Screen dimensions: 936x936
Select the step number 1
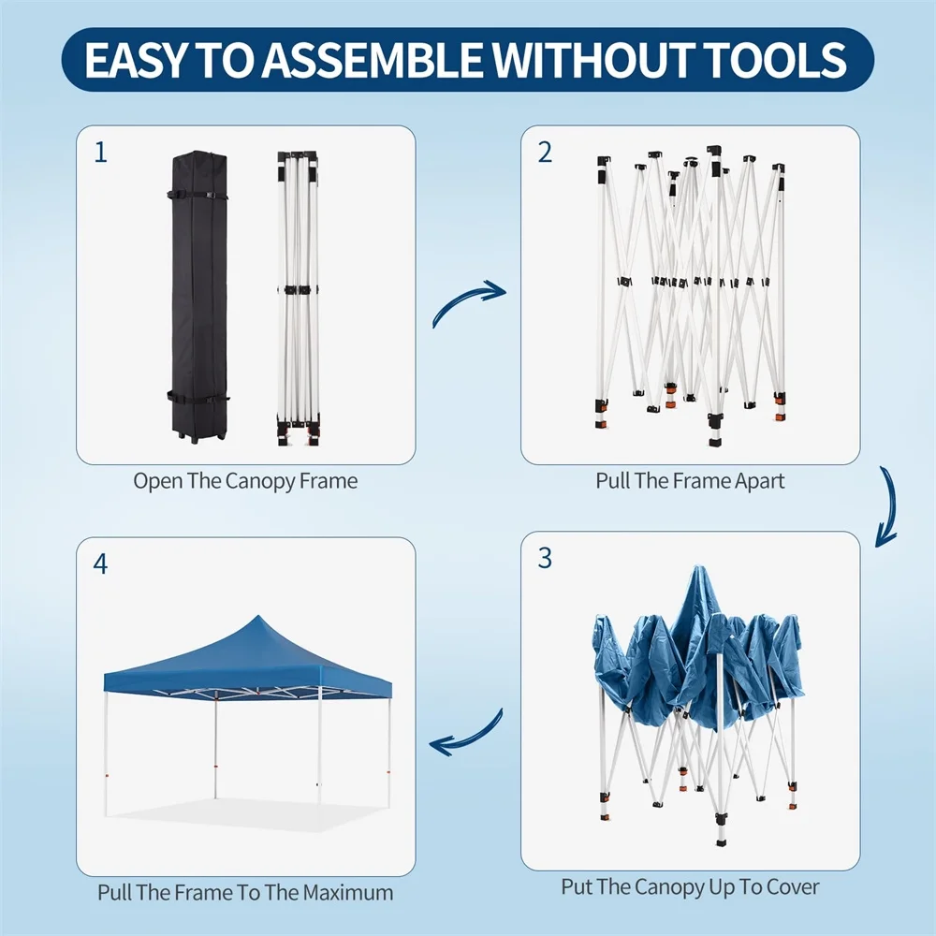tap(101, 153)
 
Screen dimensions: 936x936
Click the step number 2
tap(545, 153)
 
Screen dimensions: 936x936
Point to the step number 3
tap(545, 558)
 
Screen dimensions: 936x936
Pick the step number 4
tap(100, 564)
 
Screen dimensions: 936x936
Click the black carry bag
tap(198, 296)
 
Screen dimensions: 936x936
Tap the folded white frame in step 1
tap(298, 299)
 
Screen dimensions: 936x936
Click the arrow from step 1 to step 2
tap(467, 301)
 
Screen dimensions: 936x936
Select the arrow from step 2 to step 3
tap(889, 506)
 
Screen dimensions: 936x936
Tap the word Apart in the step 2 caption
tap(759, 481)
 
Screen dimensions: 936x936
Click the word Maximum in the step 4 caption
tap(348, 892)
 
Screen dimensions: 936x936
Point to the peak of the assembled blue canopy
tap(257, 616)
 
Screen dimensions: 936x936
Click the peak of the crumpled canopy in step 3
tap(699, 566)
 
